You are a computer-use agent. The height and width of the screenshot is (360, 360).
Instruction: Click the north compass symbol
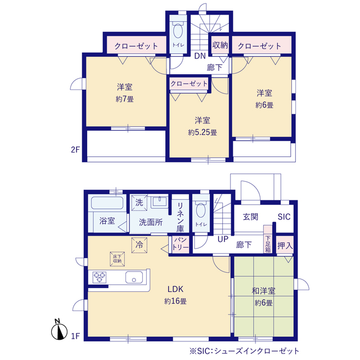[x=59, y=330]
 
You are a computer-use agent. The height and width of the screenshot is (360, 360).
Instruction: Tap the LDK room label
[x=175, y=289]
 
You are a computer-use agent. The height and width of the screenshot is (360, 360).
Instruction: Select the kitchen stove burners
[x=100, y=277]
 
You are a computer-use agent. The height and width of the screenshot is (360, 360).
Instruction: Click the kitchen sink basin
[x=134, y=277]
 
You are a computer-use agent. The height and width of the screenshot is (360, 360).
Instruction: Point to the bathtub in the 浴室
[x=107, y=202]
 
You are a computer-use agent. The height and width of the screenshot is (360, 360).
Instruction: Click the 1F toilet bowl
[x=201, y=210]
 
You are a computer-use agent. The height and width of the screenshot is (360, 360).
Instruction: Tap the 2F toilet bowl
[x=178, y=30]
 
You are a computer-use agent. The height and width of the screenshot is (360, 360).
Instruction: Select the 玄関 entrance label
[x=250, y=217]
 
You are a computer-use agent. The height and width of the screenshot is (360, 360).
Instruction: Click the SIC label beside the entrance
[x=284, y=217]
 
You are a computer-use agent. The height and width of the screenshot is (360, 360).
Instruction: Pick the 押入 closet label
[x=285, y=246]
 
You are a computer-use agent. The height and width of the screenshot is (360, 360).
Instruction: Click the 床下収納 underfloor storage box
[x=118, y=259]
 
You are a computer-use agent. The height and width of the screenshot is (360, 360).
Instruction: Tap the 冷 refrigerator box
[x=139, y=245]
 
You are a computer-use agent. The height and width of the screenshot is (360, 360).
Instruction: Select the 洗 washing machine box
[x=139, y=202]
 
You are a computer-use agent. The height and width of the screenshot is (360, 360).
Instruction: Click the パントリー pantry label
[x=181, y=244]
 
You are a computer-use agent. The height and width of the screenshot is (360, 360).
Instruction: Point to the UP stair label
[x=223, y=239]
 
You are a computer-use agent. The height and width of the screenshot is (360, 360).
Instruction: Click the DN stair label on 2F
[x=200, y=56]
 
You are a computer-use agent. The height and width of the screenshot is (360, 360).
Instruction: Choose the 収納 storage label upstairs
[x=220, y=45]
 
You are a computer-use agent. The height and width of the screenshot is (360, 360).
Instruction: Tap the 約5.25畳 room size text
[x=202, y=133]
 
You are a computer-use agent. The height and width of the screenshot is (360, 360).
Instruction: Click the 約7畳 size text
[x=125, y=99]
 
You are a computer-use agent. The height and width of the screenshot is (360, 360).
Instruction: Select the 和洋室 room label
[x=264, y=291]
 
